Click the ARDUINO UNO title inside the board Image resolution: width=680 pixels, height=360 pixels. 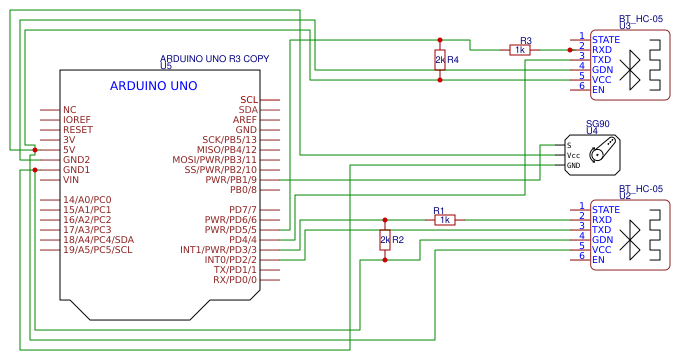153,86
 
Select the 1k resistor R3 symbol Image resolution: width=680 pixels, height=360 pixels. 519,49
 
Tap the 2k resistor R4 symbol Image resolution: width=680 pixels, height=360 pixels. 440,60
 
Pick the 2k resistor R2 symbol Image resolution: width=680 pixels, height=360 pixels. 385,240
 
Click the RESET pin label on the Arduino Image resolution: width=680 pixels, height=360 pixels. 77,130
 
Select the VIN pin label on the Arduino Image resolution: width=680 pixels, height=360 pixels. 71,180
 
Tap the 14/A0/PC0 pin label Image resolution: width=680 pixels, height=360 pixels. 87,200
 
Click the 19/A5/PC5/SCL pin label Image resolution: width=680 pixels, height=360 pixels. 97,250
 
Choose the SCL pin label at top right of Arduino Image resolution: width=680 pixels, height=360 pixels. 248,100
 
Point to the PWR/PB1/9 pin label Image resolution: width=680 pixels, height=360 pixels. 231,180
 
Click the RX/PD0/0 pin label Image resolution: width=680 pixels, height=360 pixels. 235,280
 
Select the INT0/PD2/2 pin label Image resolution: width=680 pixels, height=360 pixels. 231,260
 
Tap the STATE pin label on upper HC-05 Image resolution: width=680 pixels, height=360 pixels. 606,39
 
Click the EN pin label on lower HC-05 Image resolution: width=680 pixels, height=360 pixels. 598,260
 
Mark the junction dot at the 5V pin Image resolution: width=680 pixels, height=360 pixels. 35,150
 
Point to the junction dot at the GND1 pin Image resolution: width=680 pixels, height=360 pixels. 35,170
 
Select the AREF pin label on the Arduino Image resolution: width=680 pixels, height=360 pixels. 245,120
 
